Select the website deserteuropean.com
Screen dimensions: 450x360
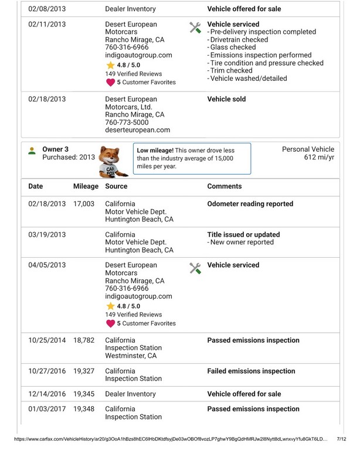137,130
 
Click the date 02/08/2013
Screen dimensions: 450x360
47,9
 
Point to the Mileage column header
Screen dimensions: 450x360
86,186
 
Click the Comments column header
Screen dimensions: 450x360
225,186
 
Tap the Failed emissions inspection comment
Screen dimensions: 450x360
251,371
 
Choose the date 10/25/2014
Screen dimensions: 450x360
47,340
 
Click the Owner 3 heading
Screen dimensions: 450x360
55,149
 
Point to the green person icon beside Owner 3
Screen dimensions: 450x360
32,151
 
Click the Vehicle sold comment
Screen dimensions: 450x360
226,100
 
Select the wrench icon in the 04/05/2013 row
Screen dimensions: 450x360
196,268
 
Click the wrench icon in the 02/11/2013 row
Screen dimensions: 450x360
196,27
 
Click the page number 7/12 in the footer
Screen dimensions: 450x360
341,438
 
